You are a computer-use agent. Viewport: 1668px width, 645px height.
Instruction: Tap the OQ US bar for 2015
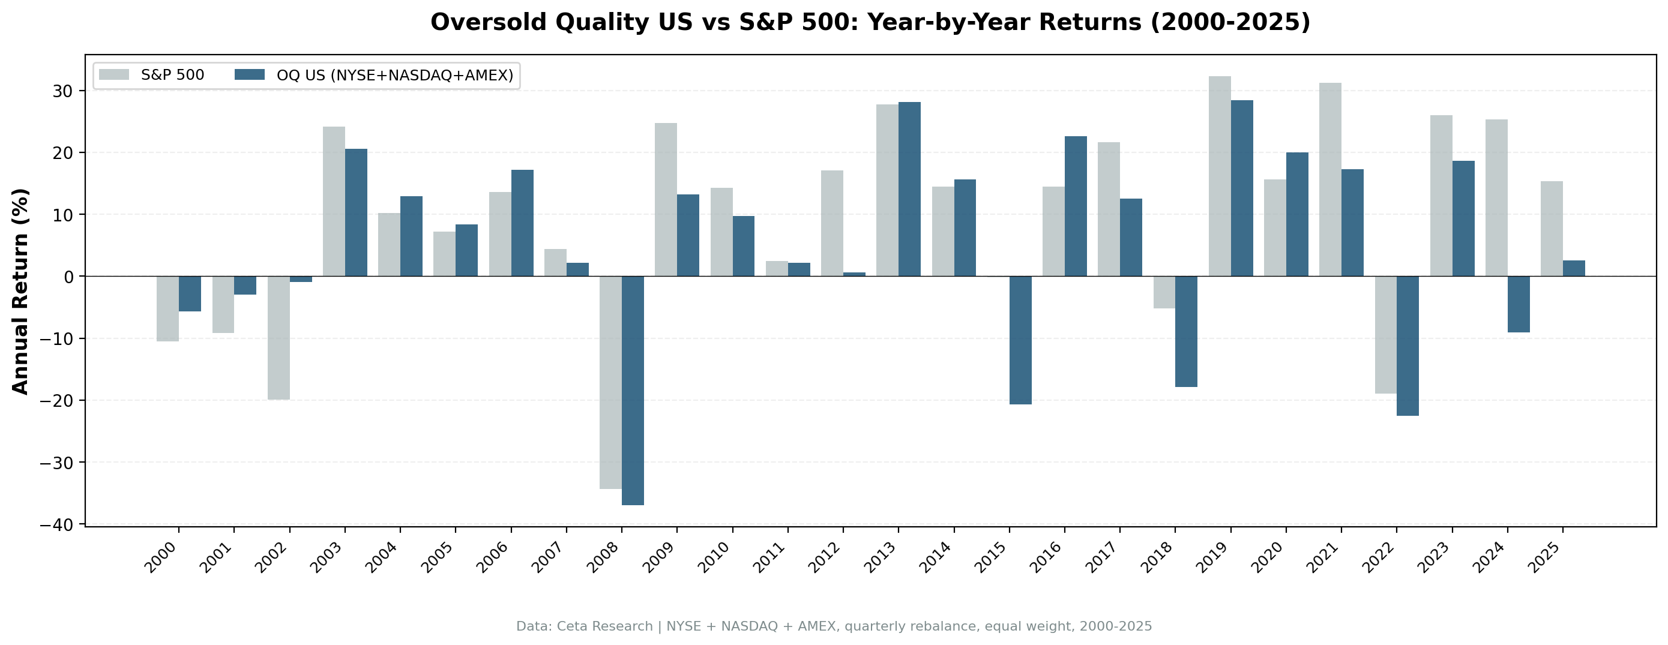click(x=1020, y=340)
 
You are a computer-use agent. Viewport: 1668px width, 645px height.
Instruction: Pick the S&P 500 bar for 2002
click(x=279, y=337)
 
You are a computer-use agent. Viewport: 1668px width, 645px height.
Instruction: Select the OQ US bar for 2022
click(x=1408, y=346)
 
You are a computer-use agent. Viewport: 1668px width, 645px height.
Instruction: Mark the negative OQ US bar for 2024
click(x=1519, y=304)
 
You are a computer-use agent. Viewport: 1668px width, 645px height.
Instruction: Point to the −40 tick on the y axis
click(x=59, y=524)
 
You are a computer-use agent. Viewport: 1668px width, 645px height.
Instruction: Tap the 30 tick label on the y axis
click(x=64, y=91)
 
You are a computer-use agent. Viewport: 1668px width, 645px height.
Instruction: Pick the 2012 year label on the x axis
click(x=824, y=558)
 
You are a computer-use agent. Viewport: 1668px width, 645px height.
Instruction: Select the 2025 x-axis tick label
click(x=1544, y=558)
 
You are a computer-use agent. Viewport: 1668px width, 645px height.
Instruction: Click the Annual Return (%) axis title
click(x=21, y=291)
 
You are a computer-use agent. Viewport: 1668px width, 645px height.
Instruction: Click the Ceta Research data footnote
click(x=834, y=626)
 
